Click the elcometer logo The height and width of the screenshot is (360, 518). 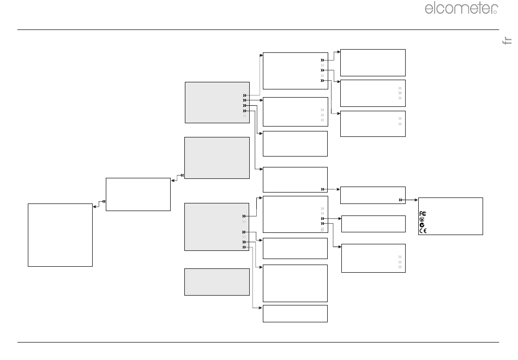click(x=461, y=8)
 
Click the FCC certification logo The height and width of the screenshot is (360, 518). click(x=423, y=214)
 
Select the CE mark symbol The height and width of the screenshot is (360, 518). click(x=423, y=231)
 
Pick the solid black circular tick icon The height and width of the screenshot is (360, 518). click(x=422, y=225)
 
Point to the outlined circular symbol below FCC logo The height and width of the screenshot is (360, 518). click(x=422, y=219)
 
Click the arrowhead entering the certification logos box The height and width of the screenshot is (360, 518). click(x=416, y=200)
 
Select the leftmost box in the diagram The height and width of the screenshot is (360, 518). click(x=60, y=235)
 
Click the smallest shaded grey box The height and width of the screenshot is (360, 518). click(x=217, y=282)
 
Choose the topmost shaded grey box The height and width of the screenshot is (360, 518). click(x=217, y=103)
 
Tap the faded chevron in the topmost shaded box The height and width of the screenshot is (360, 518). click(x=244, y=116)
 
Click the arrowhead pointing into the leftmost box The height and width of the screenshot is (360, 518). click(x=95, y=207)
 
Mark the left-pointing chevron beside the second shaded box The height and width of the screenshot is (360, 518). click(x=182, y=176)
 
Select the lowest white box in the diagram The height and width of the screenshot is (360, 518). click(x=295, y=314)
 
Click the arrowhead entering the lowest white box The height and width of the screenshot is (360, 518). click(x=260, y=308)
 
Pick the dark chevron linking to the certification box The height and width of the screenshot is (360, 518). click(x=400, y=200)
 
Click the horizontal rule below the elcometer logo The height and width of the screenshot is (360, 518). click(x=258, y=30)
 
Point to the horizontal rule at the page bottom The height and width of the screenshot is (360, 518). click(x=258, y=342)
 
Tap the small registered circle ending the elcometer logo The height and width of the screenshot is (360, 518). click(x=495, y=12)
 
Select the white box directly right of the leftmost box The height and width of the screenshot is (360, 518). click(x=138, y=194)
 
